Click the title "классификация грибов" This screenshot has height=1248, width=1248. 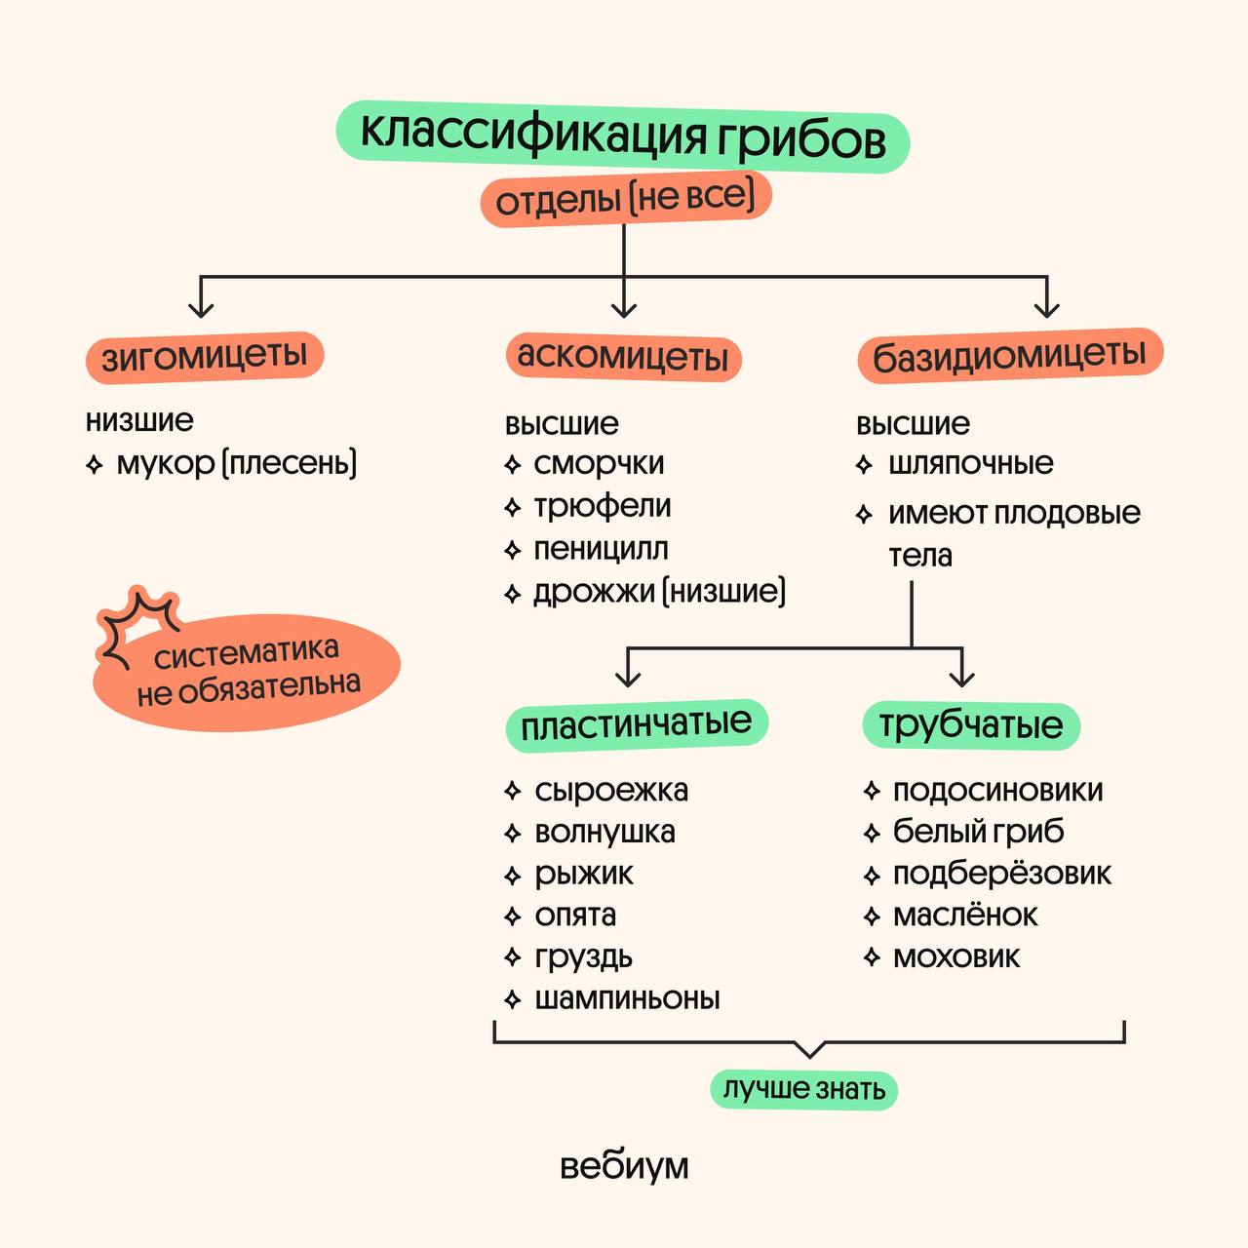[x=623, y=136]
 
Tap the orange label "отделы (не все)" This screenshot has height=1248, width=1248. [x=625, y=200]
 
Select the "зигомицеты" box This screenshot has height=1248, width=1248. [x=205, y=357]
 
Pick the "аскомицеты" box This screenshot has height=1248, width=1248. [x=623, y=357]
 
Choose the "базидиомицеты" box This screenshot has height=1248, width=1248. [x=1009, y=357]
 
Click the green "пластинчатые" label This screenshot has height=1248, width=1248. [x=636, y=725]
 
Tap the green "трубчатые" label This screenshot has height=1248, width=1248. [x=970, y=725]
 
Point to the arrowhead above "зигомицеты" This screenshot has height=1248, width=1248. [x=201, y=308]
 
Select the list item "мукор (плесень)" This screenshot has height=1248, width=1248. [x=237, y=463]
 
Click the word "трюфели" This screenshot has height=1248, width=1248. [x=602, y=507]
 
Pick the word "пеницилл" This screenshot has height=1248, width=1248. [x=601, y=549]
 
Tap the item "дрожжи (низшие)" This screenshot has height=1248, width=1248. [x=659, y=592]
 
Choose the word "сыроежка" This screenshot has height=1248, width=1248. [x=611, y=790]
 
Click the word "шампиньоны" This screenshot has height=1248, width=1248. [x=627, y=998]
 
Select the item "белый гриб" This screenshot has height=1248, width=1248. [x=978, y=832]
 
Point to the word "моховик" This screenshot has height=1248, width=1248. [x=956, y=957]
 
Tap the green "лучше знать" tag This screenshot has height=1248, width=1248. [x=803, y=1089]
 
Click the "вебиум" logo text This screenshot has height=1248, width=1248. [x=624, y=1166]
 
